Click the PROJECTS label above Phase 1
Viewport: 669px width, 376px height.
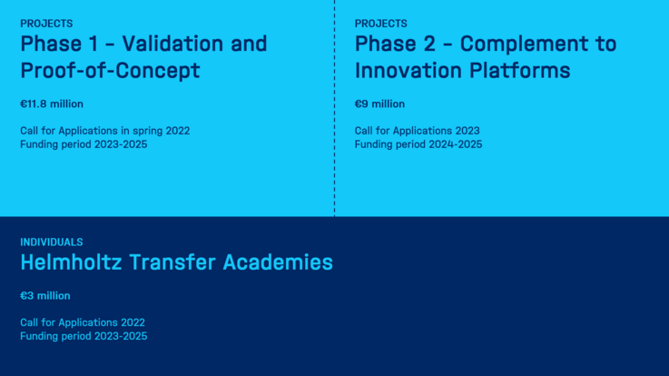point(46,24)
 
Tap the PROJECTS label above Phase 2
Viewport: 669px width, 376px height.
point(380,24)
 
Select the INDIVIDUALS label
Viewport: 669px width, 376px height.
point(52,242)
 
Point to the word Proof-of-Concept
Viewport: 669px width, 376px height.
point(110,71)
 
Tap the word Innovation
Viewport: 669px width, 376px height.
point(408,70)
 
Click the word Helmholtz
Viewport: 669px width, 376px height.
point(71,262)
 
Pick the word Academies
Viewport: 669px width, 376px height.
point(278,262)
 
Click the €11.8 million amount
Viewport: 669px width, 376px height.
point(52,104)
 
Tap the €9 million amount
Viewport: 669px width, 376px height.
point(379,104)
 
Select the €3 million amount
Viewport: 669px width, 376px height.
point(45,295)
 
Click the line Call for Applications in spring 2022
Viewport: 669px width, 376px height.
point(105,131)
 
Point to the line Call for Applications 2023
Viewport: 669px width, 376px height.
point(418,131)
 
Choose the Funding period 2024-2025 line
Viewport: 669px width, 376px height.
point(418,144)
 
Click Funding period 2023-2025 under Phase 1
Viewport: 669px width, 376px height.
point(84,144)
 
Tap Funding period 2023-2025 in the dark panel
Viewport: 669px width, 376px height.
point(84,336)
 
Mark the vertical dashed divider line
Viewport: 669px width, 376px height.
point(334,108)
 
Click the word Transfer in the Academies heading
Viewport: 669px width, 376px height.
point(172,262)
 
